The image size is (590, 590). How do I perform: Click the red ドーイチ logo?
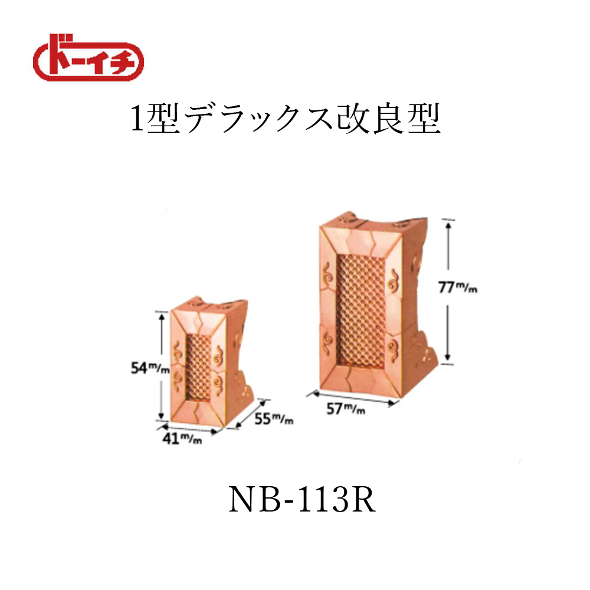[x=88, y=58]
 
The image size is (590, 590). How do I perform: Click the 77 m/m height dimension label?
[x=458, y=287]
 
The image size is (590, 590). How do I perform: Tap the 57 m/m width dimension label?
[x=345, y=409]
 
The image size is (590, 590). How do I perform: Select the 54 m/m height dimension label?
[x=150, y=368]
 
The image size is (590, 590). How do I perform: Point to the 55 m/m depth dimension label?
[x=274, y=418]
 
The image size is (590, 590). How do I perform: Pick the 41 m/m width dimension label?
[x=182, y=438]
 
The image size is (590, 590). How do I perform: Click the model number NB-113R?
[x=302, y=500]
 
